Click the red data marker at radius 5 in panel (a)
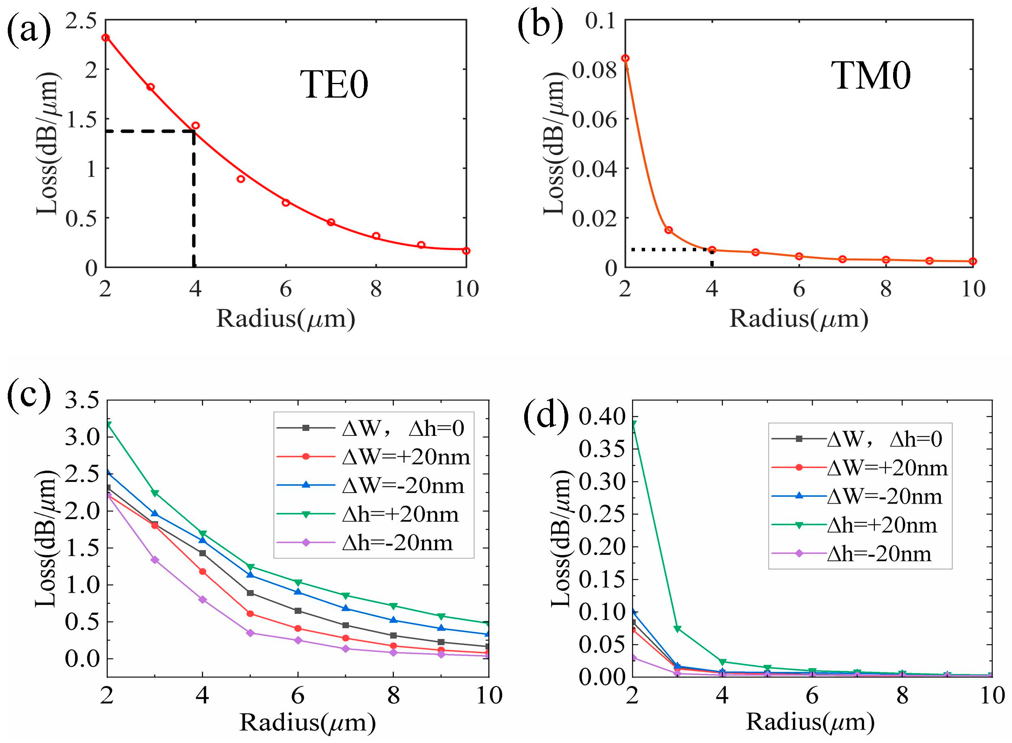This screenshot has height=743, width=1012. (x=241, y=179)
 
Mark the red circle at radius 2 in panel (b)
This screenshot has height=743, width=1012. (x=625, y=58)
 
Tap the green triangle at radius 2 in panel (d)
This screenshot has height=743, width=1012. (x=633, y=424)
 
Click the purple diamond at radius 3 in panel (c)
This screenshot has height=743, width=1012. (x=155, y=560)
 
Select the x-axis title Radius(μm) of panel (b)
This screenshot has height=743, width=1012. (x=798, y=319)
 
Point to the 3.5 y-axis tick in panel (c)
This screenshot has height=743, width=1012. (x=82, y=400)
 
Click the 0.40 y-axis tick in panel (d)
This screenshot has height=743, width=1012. (x=596, y=417)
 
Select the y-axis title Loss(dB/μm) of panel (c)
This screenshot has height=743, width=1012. (x=46, y=538)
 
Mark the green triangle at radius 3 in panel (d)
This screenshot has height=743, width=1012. (x=677, y=629)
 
